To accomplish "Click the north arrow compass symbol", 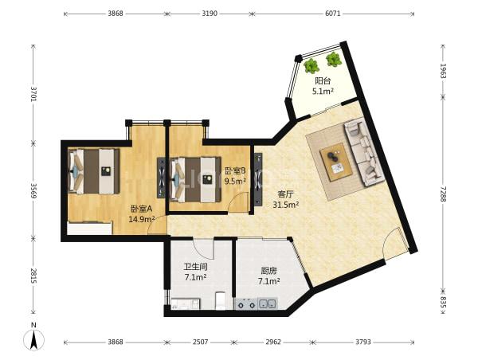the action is pyautogui.click(x=33, y=339).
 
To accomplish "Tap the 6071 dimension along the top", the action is pyautogui.click(x=332, y=14).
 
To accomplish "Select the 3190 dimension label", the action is pyautogui.click(x=210, y=14).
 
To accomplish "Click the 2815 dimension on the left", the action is pyautogui.click(x=33, y=276).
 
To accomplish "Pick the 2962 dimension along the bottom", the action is pyautogui.click(x=272, y=342).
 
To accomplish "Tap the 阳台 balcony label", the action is pyautogui.click(x=323, y=81).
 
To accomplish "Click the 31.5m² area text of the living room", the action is pyautogui.click(x=286, y=205).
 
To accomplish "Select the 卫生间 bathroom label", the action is pyautogui.click(x=195, y=267).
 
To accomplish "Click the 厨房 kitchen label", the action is pyautogui.click(x=268, y=271).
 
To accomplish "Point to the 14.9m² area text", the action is pyautogui.click(x=142, y=219).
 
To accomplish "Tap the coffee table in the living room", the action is pyautogui.click(x=336, y=162).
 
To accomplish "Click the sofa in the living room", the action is pyautogui.click(x=364, y=153).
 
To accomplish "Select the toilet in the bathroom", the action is pyautogui.click(x=220, y=301).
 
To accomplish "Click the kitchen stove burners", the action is pyautogui.click(x=246, y=304).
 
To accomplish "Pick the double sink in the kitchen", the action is pyautogui.click(x=268, y=303).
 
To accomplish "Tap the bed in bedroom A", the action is pyautogui.click(x=93, y=171).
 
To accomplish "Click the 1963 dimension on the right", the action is pyautogui.click(x=443, y=71).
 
